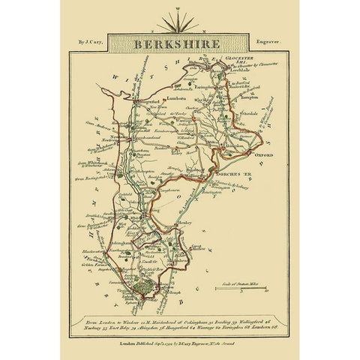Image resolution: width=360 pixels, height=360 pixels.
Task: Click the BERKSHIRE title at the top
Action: click(x=180, y=43)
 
